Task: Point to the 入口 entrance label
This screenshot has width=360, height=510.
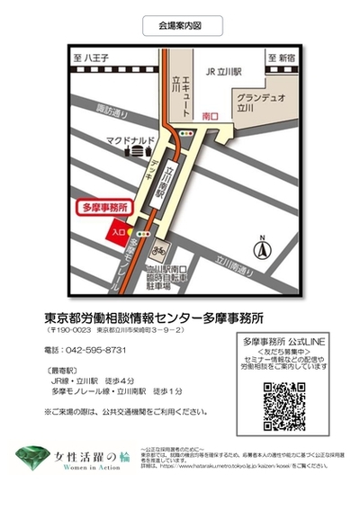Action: point(118,232)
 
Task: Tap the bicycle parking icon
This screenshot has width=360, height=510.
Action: point(162,246)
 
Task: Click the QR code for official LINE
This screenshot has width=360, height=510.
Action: point(284,407)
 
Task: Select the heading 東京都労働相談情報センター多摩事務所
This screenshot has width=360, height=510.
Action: point(154,318)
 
